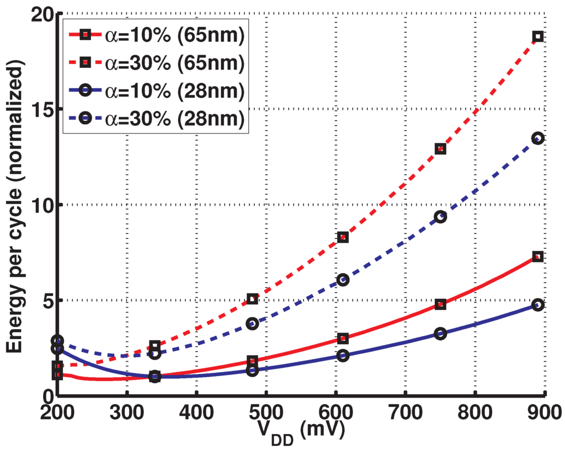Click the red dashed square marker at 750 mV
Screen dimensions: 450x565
(440, 149)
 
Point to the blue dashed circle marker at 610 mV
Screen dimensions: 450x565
(343, 280)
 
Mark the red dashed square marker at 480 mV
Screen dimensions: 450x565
(252, 299)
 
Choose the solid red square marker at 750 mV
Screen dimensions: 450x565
(440, 304)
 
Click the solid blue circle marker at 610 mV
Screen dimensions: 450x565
(343, 356)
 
